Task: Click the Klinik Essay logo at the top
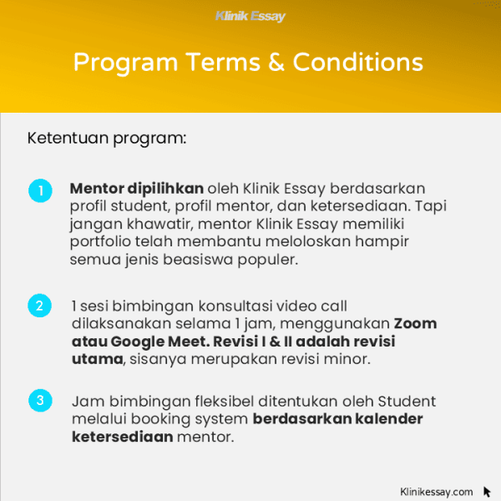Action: (x=250, y=16)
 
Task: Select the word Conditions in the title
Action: (x=362, y=63)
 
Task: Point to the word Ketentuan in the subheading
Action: (x=61, y=137)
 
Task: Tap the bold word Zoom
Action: (x=416, y=324)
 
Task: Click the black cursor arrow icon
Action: (x=487, y=492)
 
